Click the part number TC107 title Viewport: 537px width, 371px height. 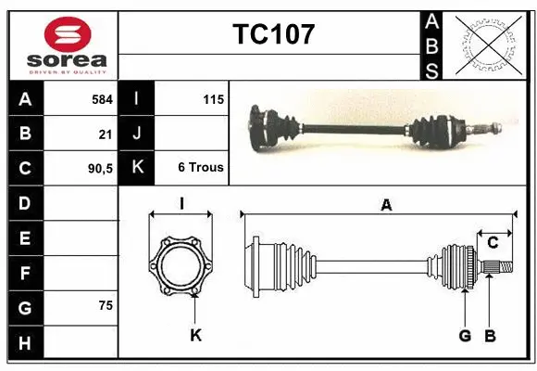[273, 34]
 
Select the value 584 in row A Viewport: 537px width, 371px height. [102, 97]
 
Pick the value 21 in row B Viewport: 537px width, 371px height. [106, 133]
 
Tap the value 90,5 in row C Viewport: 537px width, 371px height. [100, 168]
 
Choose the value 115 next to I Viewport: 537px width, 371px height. [213, 97]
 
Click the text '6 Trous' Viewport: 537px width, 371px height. [201, 168]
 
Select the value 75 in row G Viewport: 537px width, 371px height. [106, 305]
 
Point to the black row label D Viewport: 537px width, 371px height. [25, 203]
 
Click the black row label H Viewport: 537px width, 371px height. [25, 343]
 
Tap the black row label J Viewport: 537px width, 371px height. [137, 133]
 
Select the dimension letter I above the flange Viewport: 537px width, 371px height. [181, 202]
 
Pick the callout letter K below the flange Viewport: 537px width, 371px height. [195, 335]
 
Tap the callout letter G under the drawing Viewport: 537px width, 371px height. [465, 335]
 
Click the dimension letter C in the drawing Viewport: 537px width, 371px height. [493, 243]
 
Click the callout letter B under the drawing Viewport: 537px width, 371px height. [491, 335]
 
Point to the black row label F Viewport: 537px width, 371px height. [25, 274]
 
